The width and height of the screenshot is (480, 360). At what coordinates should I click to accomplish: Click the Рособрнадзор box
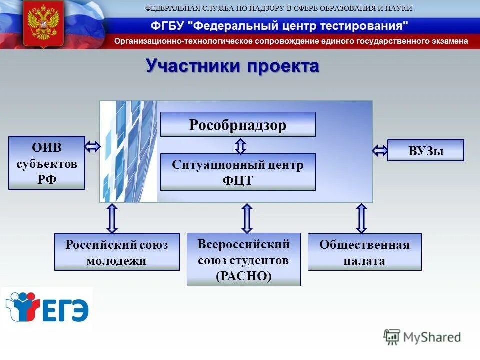(238, 124)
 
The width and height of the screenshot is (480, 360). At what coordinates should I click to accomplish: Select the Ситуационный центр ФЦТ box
(238, 172)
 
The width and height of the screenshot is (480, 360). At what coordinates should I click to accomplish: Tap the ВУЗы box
(426, 150)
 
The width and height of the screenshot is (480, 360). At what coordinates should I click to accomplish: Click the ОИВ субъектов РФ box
(47, 163)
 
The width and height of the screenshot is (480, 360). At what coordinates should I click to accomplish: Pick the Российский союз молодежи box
(117, 252)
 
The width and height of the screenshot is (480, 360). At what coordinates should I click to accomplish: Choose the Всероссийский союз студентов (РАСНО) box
(244, 259)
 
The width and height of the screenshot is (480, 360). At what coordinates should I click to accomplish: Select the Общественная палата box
(364, 252)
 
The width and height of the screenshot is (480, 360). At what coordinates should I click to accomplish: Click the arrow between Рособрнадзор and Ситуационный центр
(240, 145)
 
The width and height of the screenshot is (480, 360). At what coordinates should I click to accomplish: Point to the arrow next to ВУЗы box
(380, 150)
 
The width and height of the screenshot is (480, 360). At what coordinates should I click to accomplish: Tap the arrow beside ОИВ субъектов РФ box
(93, 147)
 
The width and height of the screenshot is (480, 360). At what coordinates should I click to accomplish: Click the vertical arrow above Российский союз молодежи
(112, 218)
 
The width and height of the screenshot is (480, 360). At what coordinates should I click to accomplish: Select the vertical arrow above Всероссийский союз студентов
(247, 218)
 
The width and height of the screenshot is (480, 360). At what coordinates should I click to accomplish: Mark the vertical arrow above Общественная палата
(362, 218)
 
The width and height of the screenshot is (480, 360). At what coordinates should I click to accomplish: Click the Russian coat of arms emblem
(43, 23)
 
